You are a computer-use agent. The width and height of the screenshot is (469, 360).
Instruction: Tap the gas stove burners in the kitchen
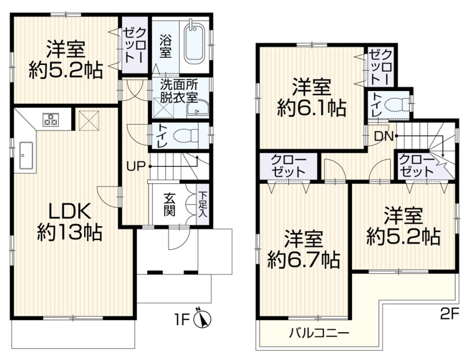(x=50, y=119)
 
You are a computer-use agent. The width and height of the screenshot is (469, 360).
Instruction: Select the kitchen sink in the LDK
(x=26, y=155)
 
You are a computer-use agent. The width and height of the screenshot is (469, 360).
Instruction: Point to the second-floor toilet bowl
(x=398, y=105)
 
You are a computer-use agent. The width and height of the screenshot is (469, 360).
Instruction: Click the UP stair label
(x=136, y=166)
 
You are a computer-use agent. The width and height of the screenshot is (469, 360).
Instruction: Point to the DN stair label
(x=384, y=136)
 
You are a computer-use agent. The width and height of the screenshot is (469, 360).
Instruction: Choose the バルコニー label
(x=318, y=333)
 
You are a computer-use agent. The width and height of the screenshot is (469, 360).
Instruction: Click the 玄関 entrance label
(x=169, y=205)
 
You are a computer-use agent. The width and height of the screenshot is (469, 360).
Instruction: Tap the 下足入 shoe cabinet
(x=202, y=205)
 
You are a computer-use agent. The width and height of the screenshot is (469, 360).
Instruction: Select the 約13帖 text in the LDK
(x=70, y=233)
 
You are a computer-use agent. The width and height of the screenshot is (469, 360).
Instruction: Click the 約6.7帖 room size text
(x=304, y=260)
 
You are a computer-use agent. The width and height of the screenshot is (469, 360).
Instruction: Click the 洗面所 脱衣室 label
(x=179, y=92)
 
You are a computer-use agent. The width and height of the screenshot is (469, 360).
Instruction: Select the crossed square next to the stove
(x=89, y=121)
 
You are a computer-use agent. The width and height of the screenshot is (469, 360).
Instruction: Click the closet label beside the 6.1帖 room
(x=380, y=68)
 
